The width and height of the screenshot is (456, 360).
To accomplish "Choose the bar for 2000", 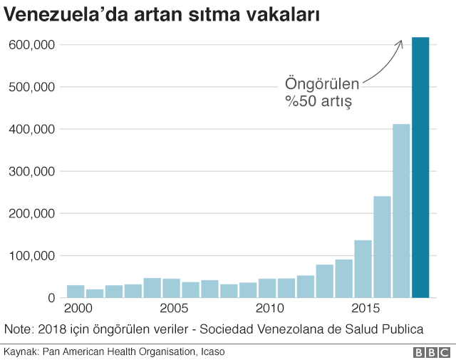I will coord(76,291).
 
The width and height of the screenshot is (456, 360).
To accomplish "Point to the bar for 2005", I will coord(171,288).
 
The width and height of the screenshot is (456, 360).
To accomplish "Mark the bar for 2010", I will coord(267,288).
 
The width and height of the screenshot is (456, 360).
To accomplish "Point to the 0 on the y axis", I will coord(51,298).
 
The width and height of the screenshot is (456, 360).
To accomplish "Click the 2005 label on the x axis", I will coord(174,309).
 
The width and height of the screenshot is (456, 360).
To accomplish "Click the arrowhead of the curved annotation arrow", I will coord(401,42).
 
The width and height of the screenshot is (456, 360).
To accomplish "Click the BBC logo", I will coord(430,352).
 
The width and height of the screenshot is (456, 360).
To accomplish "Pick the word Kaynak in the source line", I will coord(21,352).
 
